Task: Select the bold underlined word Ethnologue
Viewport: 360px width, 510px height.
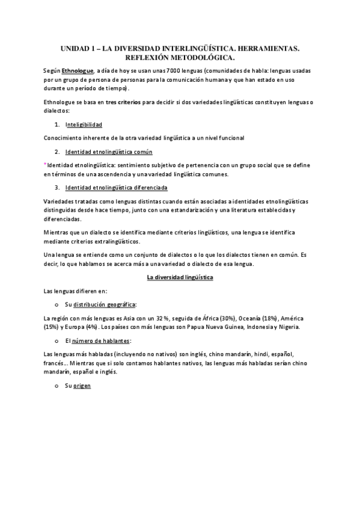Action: point(77,71)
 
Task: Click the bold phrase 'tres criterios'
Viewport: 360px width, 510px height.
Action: point(123,103)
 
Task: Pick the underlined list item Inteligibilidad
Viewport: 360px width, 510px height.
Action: point(84,124)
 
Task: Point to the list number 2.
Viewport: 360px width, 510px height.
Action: point(56,151)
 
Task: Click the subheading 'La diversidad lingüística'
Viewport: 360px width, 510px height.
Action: point(180,277)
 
